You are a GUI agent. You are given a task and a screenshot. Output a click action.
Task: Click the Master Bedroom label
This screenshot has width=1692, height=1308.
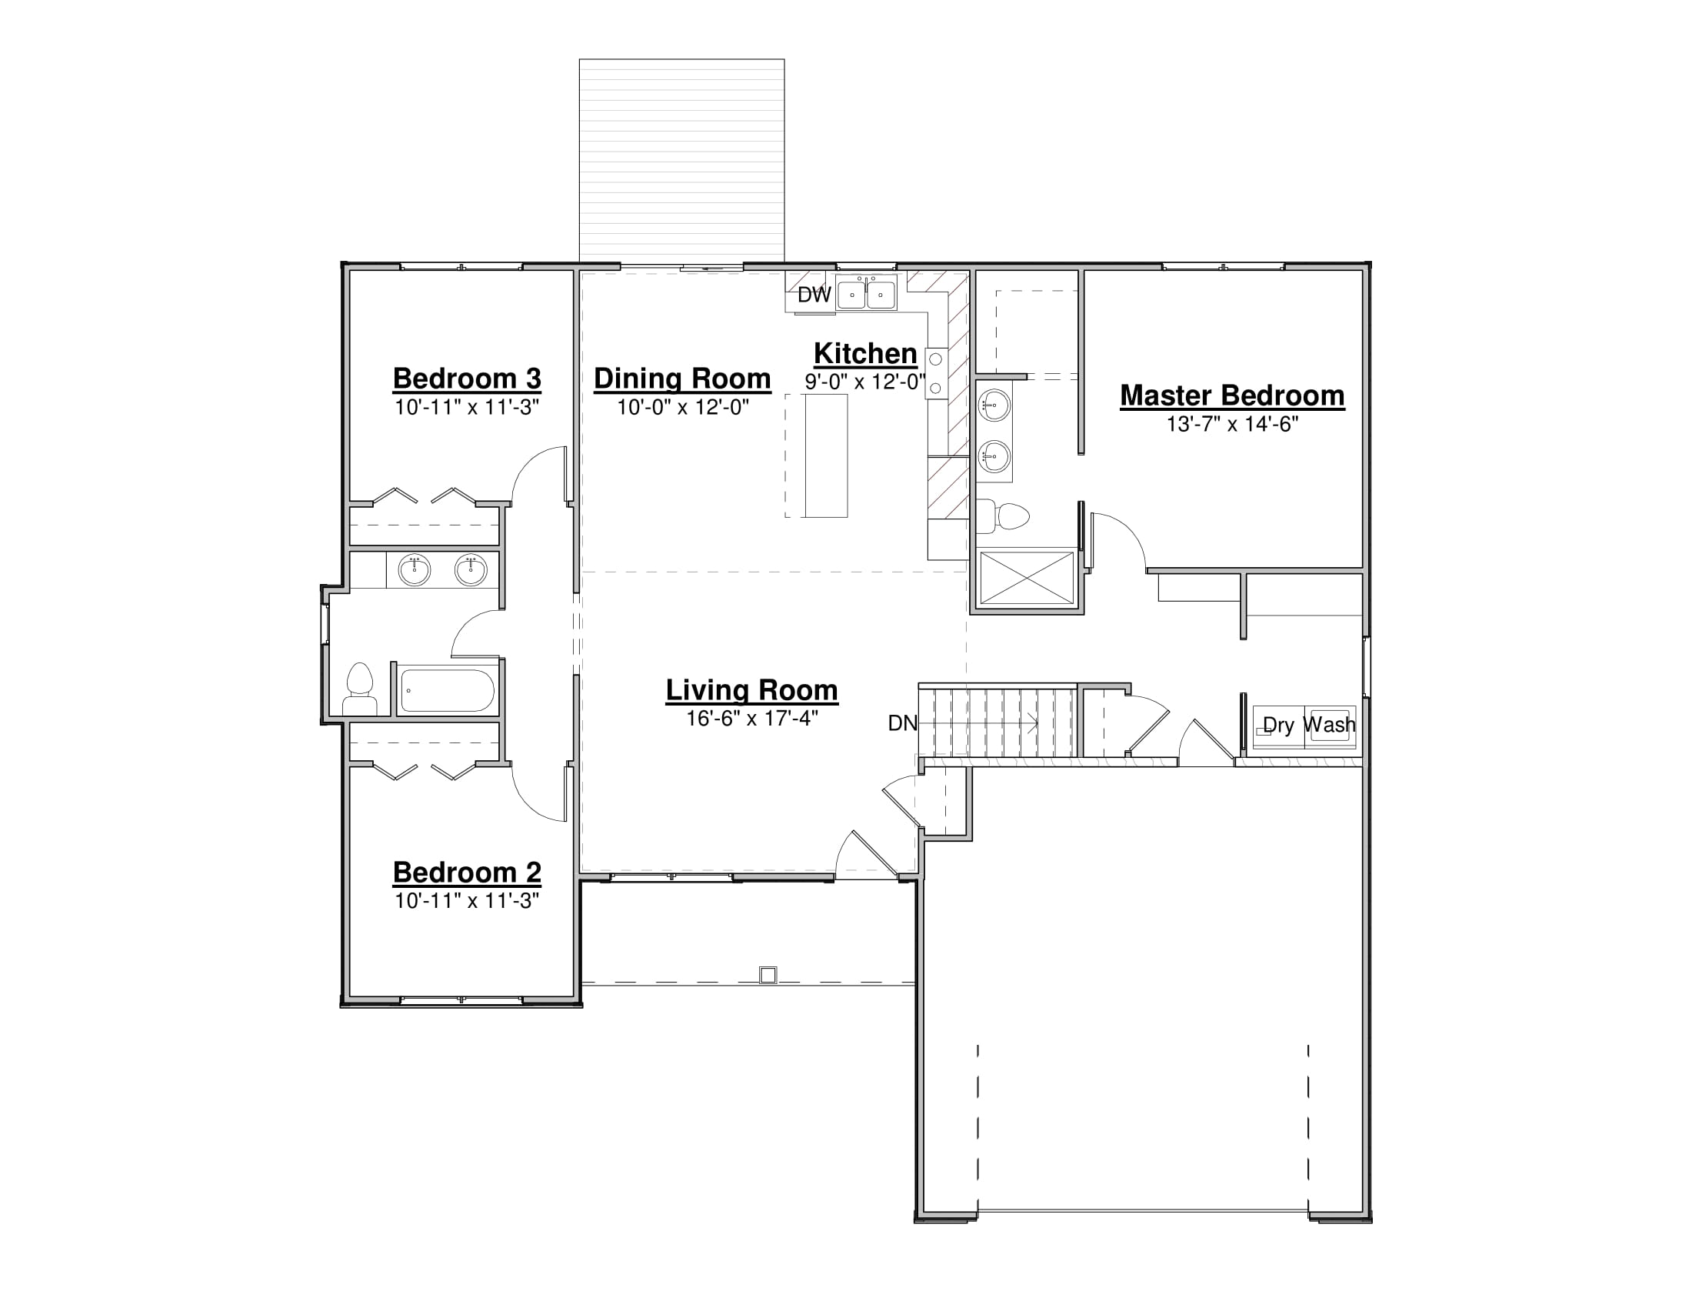point(1232,396)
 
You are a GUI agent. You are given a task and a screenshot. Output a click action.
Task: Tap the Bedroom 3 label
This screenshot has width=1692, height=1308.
point(466,379)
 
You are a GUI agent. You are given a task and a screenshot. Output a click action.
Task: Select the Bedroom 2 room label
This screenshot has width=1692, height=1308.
point(466,873)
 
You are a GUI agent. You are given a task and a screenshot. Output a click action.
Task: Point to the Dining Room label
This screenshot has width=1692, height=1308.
point(681,379)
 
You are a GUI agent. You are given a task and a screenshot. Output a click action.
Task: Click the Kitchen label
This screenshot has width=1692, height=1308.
point(865,354)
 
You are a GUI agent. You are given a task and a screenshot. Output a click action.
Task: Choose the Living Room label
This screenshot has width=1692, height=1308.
point(751,690)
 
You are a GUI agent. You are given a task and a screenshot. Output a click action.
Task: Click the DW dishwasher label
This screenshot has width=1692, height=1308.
point(814,295)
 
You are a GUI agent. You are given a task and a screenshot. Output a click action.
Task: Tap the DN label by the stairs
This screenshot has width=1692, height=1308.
point(903,723)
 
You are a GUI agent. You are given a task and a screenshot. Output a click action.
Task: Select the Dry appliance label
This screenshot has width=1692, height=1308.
point(1278,726)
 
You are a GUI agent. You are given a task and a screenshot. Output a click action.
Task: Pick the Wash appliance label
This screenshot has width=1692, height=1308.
point(1330,725)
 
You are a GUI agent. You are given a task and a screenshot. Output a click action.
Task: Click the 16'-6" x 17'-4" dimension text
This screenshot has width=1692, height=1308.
point(751,719)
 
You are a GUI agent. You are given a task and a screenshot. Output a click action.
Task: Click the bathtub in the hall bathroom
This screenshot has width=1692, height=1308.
point(447,690)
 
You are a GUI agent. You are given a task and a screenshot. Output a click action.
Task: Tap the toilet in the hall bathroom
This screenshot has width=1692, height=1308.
point(359,689)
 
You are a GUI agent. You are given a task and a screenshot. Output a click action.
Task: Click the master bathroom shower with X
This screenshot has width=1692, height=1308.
point(1027,577)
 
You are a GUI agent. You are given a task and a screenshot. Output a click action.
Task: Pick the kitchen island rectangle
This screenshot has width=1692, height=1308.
point(826,455)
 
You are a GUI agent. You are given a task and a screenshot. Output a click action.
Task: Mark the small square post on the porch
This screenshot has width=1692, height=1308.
point(768,975)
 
